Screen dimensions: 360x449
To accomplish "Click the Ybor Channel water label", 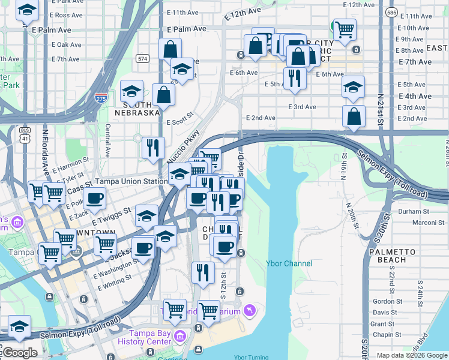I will coord(289,263).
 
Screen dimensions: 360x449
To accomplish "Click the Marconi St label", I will coord(427,223).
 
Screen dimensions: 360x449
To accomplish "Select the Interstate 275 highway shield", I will coord(101,99).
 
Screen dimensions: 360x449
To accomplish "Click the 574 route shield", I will coord(142,58).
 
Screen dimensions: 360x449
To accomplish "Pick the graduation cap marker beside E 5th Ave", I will coord(354,86).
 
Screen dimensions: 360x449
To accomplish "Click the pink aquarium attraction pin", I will coord(250,310).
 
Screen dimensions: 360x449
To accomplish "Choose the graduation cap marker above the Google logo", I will coord(19,327).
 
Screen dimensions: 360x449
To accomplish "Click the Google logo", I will coord(19,353).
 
